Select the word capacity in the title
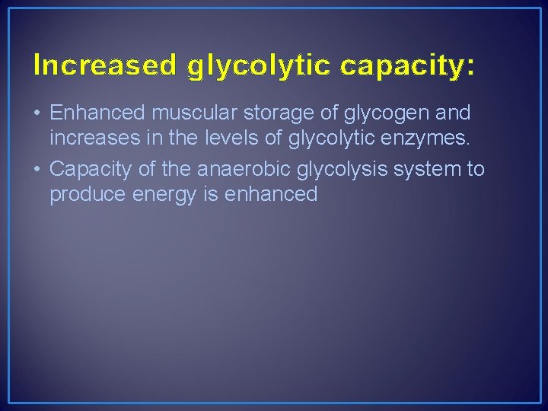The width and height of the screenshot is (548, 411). click(x=400, y=67)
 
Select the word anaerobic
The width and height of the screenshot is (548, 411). click(x=239, y=168)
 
